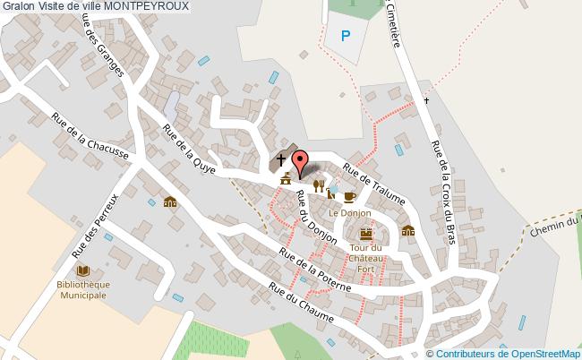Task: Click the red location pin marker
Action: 301,163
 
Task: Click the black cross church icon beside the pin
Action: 281,160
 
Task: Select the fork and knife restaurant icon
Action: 318,185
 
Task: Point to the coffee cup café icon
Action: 349,196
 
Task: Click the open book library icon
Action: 83,270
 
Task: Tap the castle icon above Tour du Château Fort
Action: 365,233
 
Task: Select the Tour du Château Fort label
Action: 366,259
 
